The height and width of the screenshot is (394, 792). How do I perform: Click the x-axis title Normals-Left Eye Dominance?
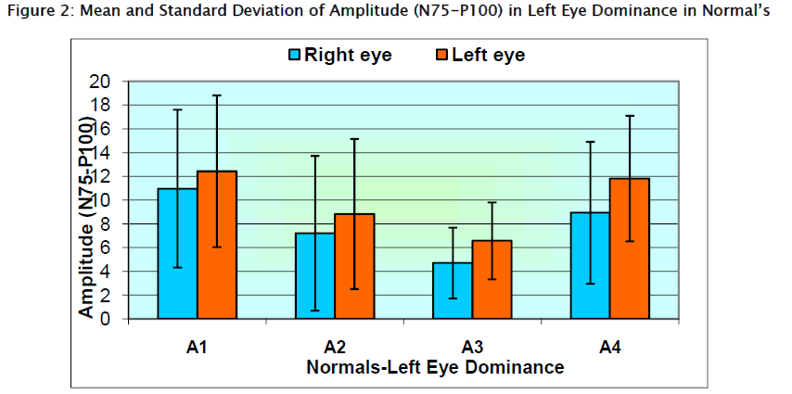pos(434,367)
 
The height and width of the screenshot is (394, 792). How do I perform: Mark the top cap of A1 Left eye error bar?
pos(216,95)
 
